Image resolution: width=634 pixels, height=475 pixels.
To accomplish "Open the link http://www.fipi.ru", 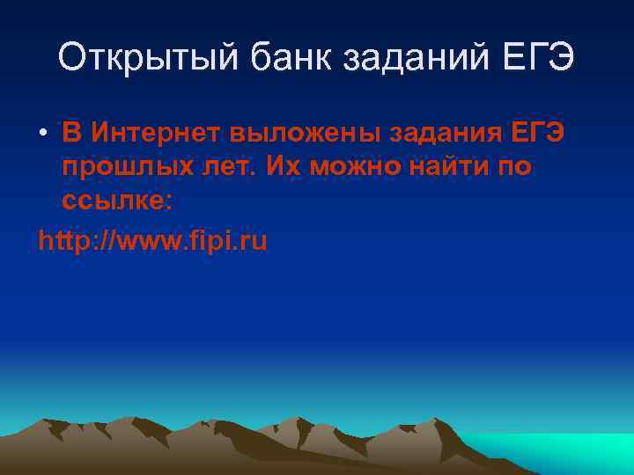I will (152, 239).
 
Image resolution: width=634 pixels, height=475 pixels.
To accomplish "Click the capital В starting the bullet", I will (70, 134).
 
